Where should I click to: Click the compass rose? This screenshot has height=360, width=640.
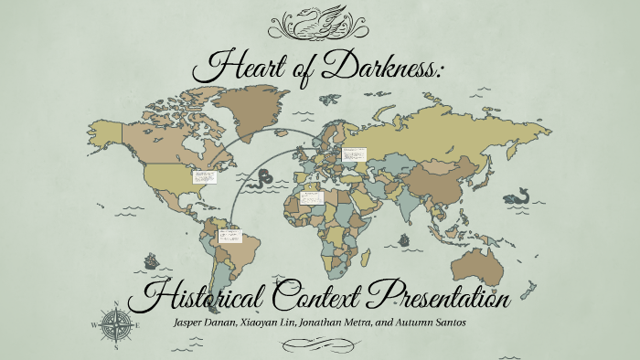[115, 323]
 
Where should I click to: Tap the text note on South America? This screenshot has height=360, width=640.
[228, 236]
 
